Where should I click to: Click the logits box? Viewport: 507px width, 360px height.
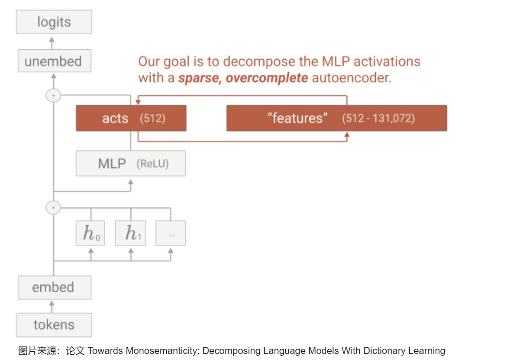click(x=54, y=22)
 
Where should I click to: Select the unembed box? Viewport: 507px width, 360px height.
click(x=54, y=61)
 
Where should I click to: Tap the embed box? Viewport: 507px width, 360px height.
click(x=54, y=287)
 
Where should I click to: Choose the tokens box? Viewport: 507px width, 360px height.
click(x=54, y=325)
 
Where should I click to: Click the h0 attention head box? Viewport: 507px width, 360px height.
click(x=90, y=233)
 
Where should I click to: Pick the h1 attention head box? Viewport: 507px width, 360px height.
click(x=131, y=233)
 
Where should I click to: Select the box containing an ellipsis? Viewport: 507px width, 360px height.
click(x=171, y=233)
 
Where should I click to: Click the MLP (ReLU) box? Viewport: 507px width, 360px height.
click(x=131, y=163)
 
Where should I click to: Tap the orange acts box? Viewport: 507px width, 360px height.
click(x=131, y=118)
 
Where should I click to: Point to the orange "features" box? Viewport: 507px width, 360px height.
click(x=336, y=118)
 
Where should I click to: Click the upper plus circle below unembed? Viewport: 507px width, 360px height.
click(x=53, y=96)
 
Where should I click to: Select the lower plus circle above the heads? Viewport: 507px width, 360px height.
click(x=53, y=208)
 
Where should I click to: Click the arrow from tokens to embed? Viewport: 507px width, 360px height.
click(x=52, y=307)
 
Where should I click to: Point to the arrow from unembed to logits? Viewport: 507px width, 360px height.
click(x=52, y=43)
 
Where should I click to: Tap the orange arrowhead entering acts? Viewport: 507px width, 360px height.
click(x=138, y=102)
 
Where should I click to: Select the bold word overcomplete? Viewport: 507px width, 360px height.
click(x=267, y=78)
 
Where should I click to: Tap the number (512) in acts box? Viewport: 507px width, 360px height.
click(x=152, y=118)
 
